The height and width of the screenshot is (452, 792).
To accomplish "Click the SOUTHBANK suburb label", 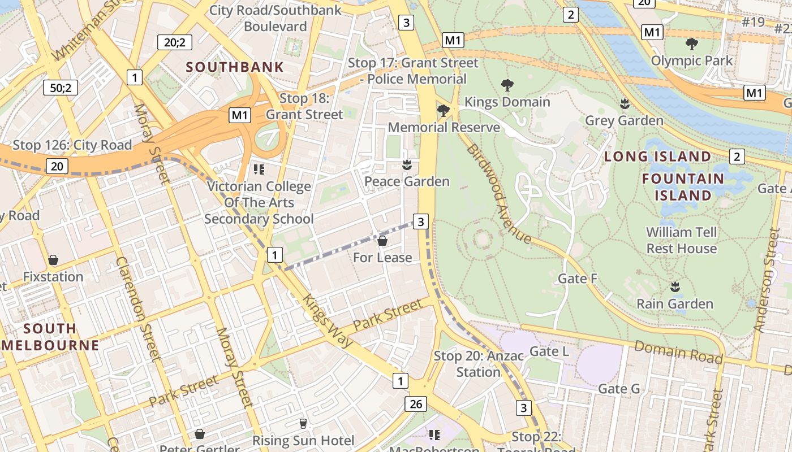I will pyautogui.click(x=235, y=67).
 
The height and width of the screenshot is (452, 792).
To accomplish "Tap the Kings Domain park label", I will pyautogui.click(x=507, y=102).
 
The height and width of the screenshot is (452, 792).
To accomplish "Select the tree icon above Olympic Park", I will pyautogui.click(x=691, y=44).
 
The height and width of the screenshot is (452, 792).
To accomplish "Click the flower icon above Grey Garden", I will pyautogui.click(x=625, y=104).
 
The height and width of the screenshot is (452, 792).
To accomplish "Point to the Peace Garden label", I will pyautogui.click(x=406, y=181).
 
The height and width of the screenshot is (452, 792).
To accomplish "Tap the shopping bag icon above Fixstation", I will pyautogui.click(x=53, y=260).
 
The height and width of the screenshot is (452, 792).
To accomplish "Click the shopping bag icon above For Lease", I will pyautogui.click(x=382, y=241).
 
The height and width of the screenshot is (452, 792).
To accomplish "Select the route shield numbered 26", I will pyautogui.click(x=415, y=403).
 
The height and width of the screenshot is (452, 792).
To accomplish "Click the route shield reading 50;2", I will pyautogui.click(x=61, y=88).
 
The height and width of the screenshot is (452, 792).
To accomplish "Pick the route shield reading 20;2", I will pyautogui.click(x=174, y=42).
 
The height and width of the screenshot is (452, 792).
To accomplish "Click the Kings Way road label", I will pyautogui.click(x=327, y=320).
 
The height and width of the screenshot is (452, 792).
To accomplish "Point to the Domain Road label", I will pyautogui.click(x=678, y=352).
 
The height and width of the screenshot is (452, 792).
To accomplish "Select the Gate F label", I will pyautogui.click(x=578, y=279).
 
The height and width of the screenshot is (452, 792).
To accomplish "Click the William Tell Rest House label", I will pyautogui.click(x=681, y=240).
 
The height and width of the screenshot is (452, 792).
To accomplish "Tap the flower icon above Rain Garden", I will pyautogui.click(x=674, y=287).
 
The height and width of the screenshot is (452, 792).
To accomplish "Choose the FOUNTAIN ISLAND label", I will pyautogui.click(x=683, y=187).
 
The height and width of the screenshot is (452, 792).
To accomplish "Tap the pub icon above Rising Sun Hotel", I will pyautogui.click(x=303, y=423).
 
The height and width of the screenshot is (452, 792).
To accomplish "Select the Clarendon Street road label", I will pyautogui.click(x=139, y=308).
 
